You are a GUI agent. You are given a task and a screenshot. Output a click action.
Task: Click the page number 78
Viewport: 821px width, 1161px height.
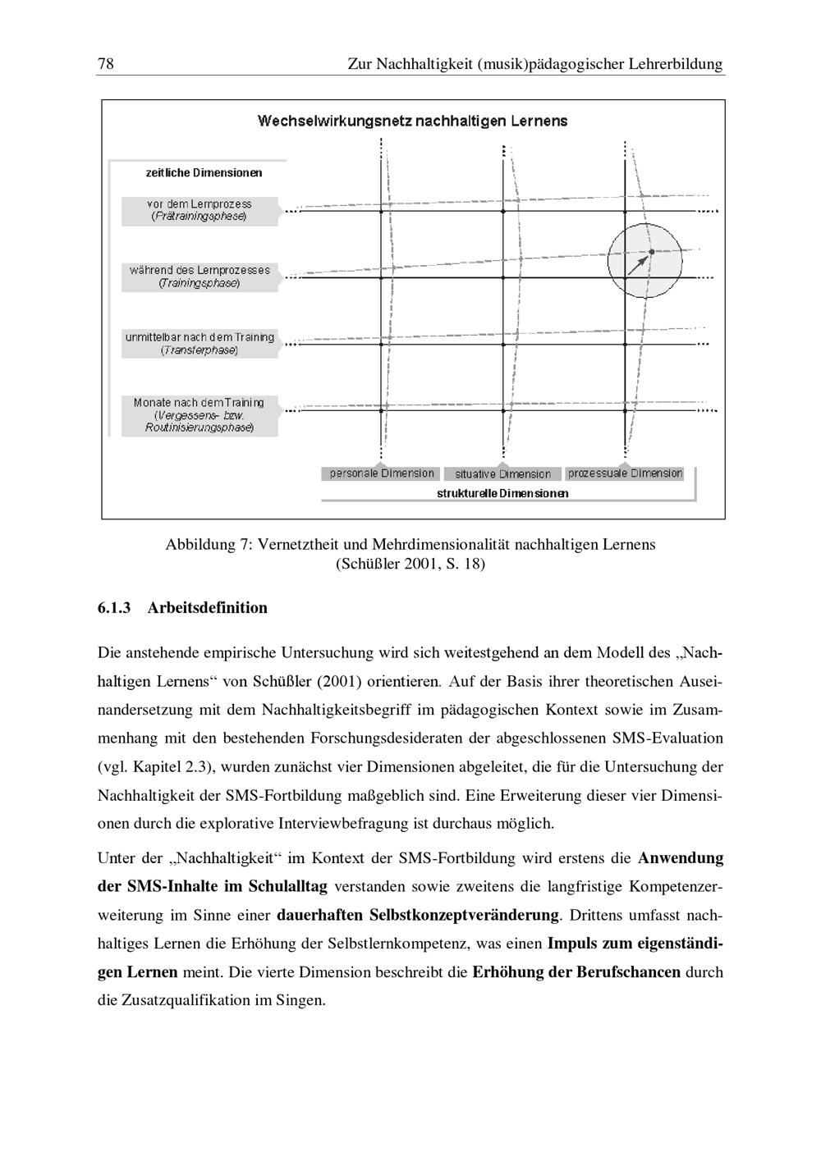[x=105, y=64]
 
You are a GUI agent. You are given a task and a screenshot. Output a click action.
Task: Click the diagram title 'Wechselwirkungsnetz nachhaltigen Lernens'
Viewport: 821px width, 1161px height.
[x=412, y=121]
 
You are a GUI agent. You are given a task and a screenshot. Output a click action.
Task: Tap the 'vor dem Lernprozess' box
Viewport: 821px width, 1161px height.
[x=200, y=210]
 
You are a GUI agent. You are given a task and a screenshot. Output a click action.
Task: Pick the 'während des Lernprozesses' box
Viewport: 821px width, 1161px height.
[x=200, y=277]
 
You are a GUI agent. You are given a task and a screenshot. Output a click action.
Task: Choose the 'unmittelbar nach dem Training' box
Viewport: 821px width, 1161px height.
[x=200, y=344]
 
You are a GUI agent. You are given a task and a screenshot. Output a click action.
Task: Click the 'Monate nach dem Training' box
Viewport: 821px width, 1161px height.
[x=200, y=415]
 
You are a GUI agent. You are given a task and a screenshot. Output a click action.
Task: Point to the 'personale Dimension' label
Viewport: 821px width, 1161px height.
[x=382, y=473]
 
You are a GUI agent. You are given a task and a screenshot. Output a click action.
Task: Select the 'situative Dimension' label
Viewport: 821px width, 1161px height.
[x=502, y=474]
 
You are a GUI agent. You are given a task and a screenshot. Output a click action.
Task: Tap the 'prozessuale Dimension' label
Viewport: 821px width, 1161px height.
[x=625, y=473]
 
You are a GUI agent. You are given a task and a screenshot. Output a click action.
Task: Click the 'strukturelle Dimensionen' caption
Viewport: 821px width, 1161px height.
[x=502, y=494]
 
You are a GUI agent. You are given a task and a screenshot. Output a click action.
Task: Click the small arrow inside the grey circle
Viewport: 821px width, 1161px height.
[x=637, y=264]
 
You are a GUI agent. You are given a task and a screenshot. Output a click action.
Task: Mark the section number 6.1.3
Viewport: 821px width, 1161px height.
[x=114, y=608]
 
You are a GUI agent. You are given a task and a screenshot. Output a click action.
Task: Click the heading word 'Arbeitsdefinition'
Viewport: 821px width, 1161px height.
[x=208, y=608]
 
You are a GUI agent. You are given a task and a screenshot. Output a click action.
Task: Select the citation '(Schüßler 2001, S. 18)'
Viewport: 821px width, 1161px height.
[x=410, y=565]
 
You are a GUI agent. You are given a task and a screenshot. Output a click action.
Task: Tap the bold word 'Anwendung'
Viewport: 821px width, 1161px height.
[x=681, y=858]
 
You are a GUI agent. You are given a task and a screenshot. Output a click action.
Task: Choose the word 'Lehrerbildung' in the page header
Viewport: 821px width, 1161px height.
[x=676, y=64]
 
